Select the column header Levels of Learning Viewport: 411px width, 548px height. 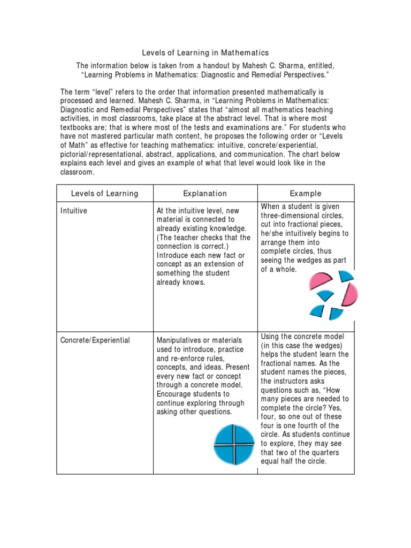click(105, 194)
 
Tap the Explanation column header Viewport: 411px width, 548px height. click(205, 194)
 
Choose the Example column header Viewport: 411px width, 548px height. click(306, 194)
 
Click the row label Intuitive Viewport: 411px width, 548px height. click(74, 211)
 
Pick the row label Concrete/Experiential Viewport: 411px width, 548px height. click(95, 340)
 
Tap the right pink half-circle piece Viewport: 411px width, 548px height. click(350, 294)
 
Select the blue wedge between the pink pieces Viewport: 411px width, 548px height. click(325, 295)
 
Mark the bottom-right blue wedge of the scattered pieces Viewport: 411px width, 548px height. click(336, 313)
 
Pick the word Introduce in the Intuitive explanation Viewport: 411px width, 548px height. click(174, 255)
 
